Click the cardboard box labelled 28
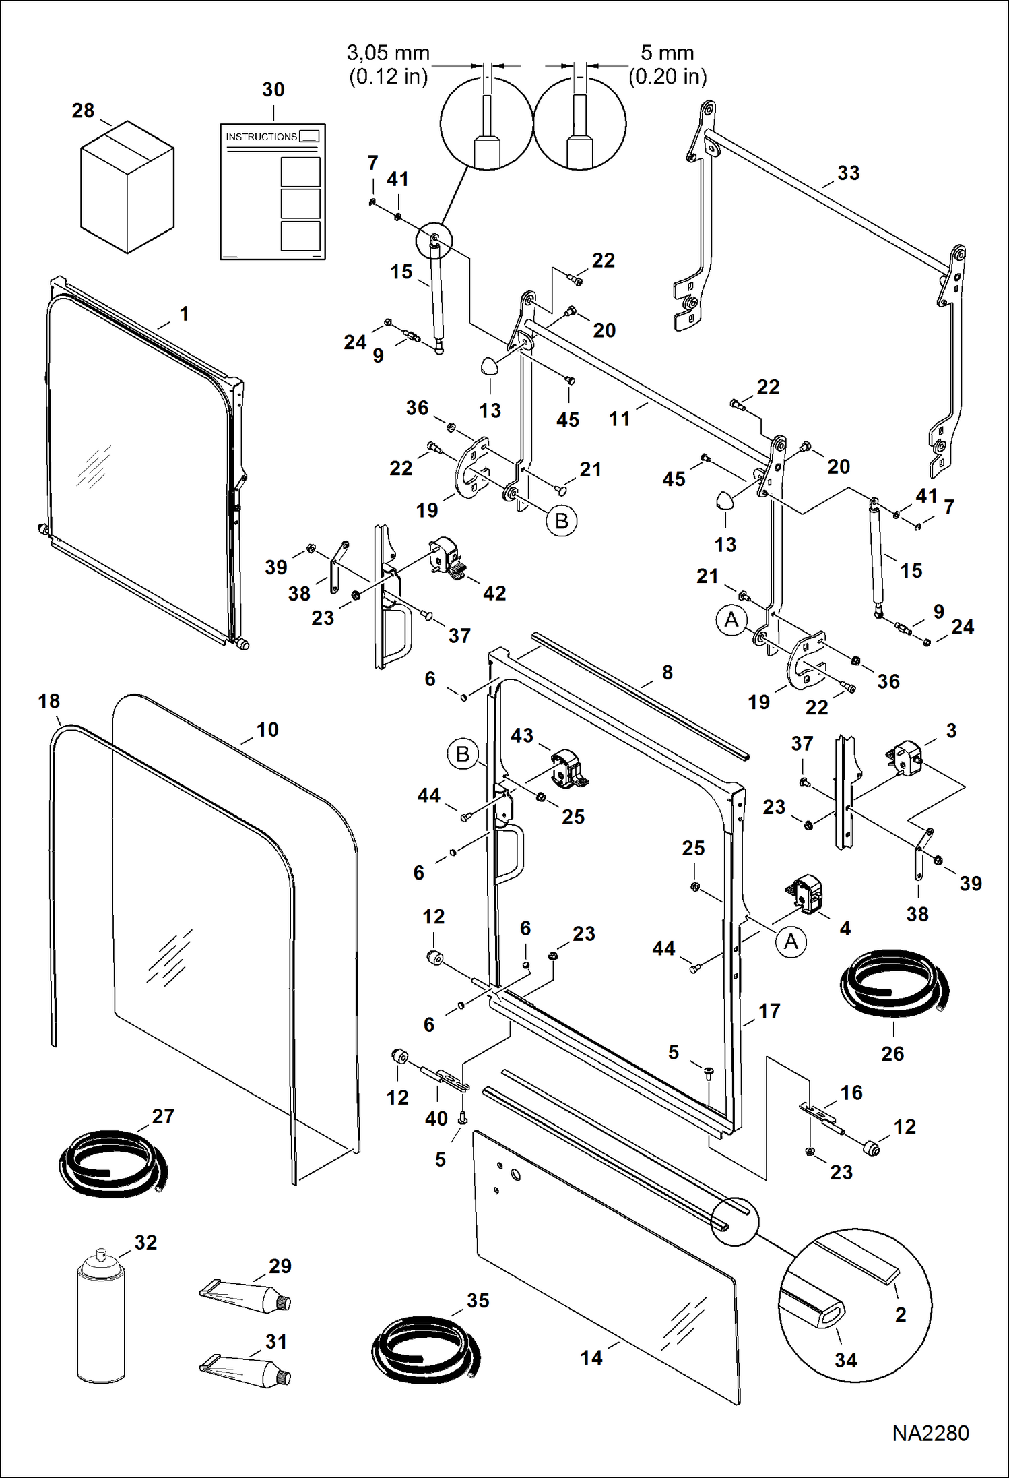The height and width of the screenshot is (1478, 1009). pos(127,187)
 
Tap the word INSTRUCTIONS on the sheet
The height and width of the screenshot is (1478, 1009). pos(261,137)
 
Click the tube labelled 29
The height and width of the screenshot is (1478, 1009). pos(246,1295)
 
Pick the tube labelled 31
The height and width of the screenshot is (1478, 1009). pos(246,1369)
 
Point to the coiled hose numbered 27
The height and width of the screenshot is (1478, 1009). pos(112,1162)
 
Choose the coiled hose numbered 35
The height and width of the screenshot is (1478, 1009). pos(425,1347)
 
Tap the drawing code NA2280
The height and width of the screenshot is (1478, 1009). pos(930,1433)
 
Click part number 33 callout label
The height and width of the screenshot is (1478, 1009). pos(848,173)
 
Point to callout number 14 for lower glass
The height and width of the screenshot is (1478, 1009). pos(591,1357)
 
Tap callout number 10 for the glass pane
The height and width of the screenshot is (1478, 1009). pos(267,730)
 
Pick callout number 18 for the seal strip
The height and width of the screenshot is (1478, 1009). pos(49,702)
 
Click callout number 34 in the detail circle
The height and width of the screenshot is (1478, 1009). pos(845,1360)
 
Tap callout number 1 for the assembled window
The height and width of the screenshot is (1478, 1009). pos(184,314)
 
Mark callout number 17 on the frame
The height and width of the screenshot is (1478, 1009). pos(769,1011)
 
